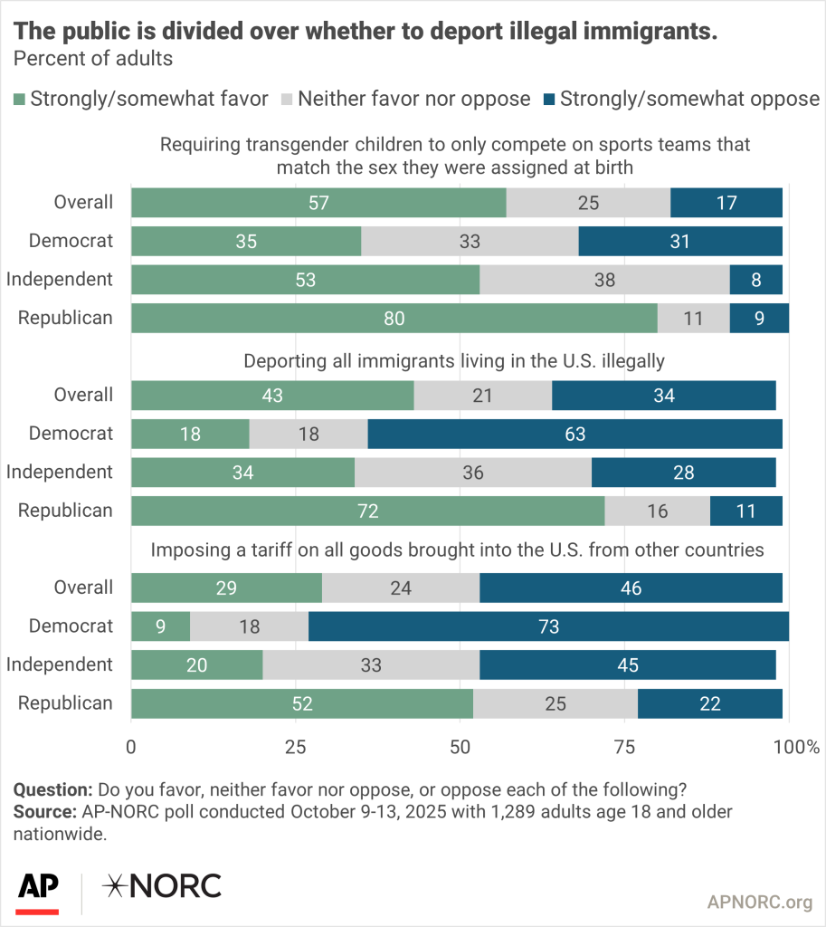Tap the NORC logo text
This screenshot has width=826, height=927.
coord(163,886)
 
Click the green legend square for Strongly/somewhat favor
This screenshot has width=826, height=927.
coord(19,99)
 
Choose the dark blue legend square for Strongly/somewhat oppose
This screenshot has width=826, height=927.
coord(548,99)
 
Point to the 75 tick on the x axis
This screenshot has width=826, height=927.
coord(625,747)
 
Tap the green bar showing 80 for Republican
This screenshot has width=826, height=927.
coord(394,318)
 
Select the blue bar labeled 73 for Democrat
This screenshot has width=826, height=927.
coord(548,626)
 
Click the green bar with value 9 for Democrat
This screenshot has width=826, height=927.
coord(160,626)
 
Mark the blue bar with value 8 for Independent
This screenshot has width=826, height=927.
coord(755,280)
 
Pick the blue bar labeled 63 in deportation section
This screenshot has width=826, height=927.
coord(574,434)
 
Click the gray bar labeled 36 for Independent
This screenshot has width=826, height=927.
coord(472,472)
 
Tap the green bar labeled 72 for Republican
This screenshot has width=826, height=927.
coord(367,511)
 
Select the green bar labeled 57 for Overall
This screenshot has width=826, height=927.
coord(318,203)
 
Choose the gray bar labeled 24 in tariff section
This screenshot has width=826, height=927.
coord(400,588)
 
